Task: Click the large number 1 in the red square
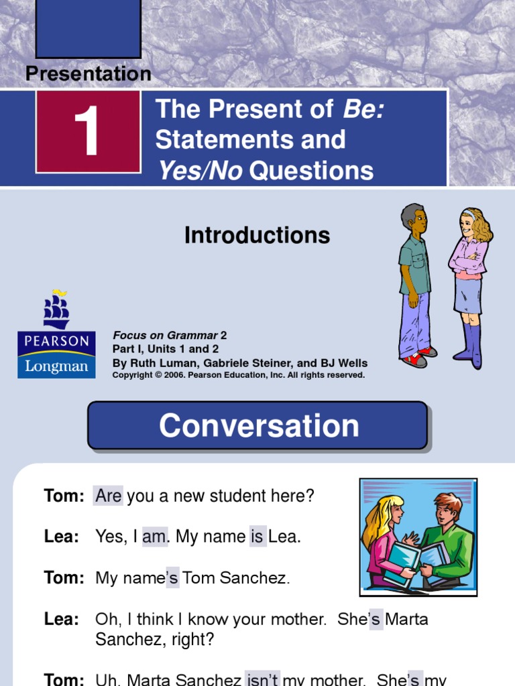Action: [x=88, y=131]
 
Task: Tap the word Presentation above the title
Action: [x=89, y=74]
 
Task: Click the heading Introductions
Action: [x=257, y=235]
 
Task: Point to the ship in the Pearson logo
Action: [x=56, y=310]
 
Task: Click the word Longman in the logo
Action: [x=56, y=366]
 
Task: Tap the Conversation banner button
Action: [x=257, y=425]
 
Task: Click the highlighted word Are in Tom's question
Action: [x=108, y=496]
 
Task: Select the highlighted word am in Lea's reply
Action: [x=154, y=536]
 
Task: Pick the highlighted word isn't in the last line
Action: [x=262, y=679]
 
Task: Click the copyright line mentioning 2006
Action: [x=239, y=375]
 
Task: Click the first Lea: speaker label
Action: [x=62, y=536]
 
